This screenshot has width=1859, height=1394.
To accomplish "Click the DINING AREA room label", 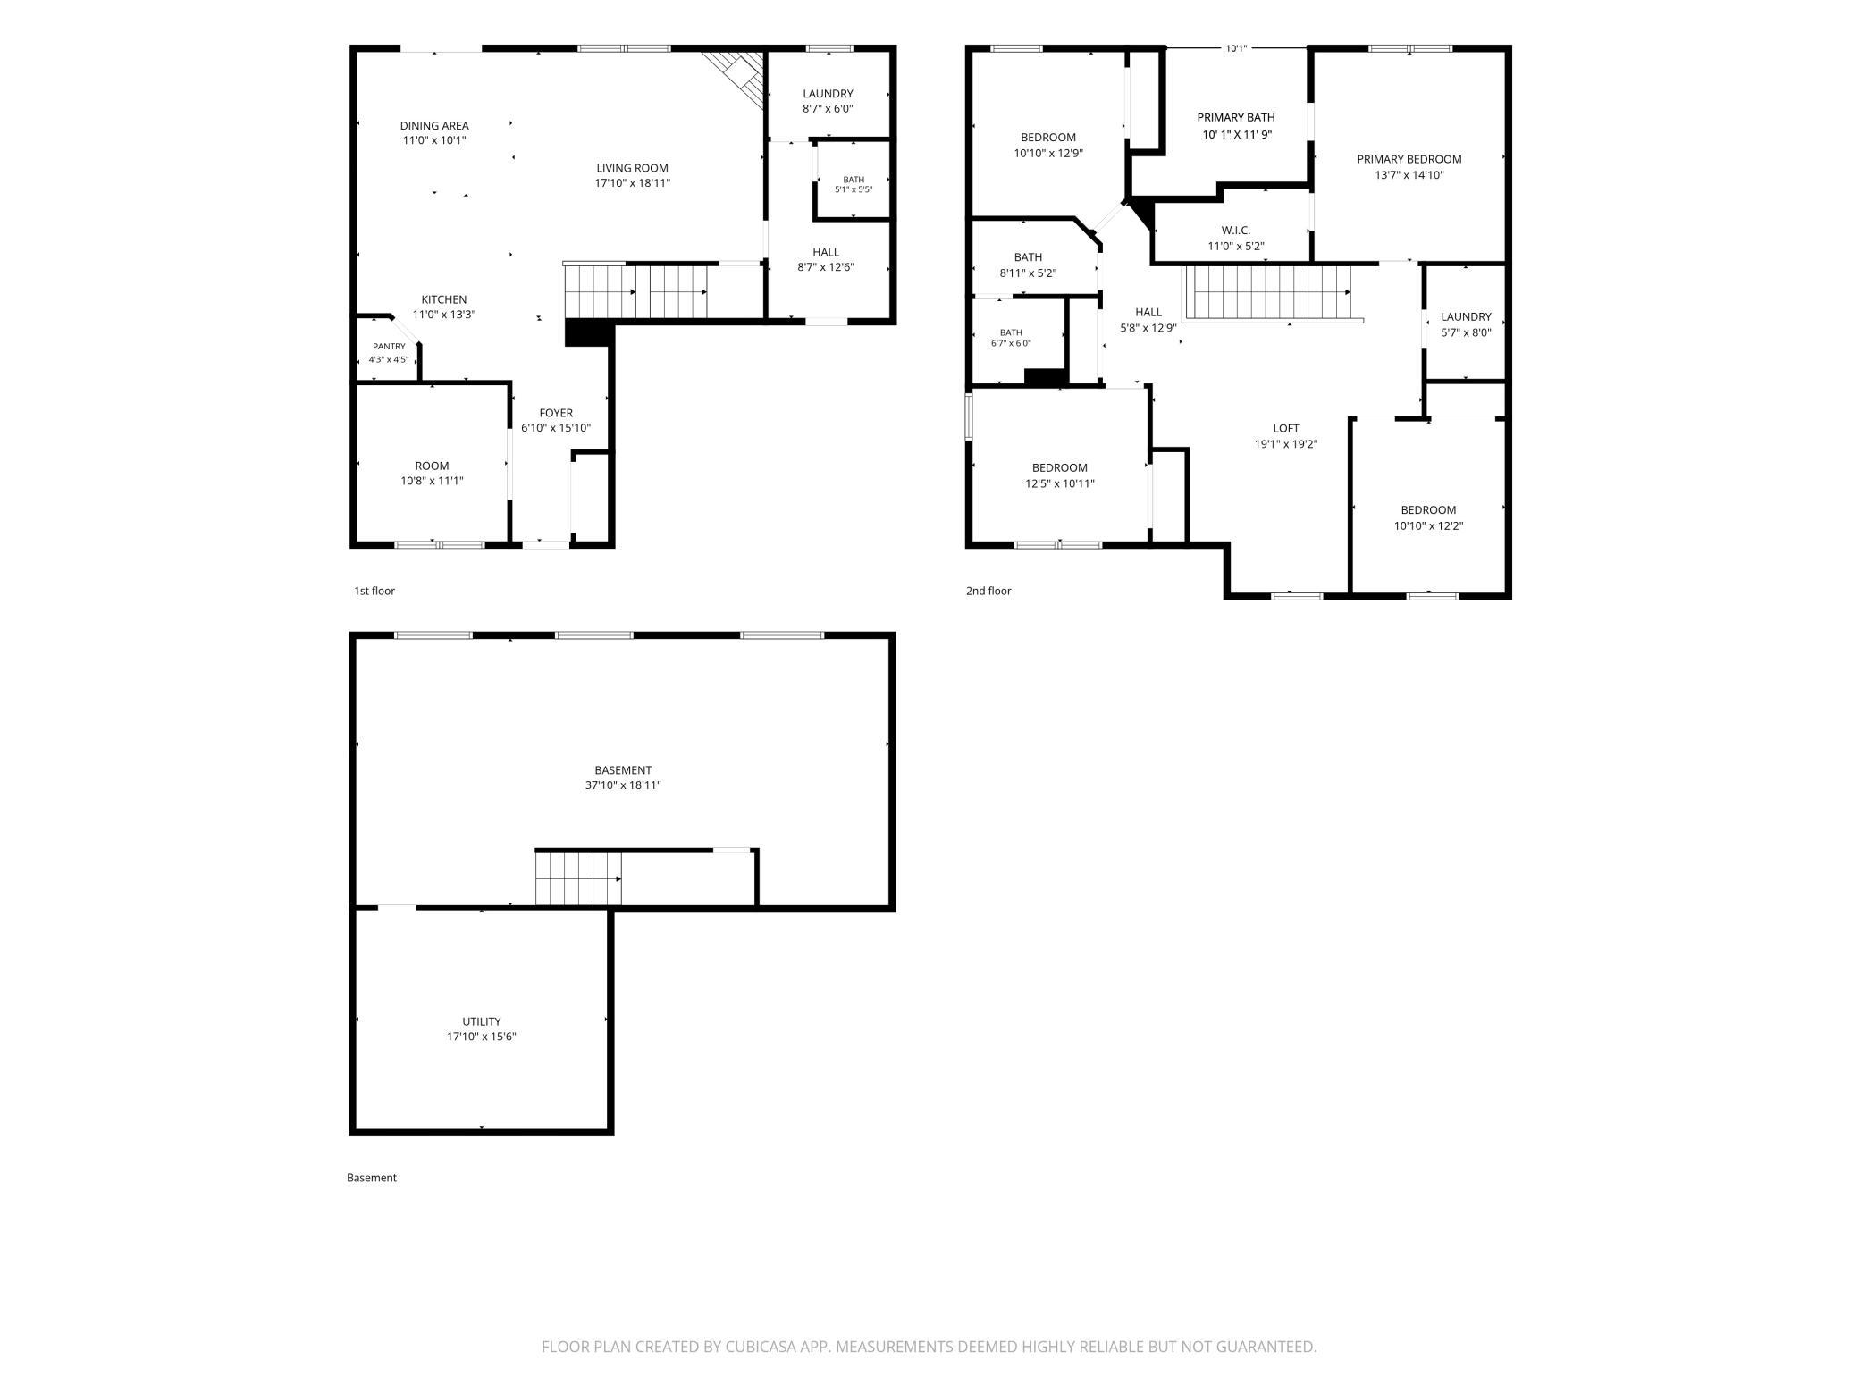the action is [x=434, y=126].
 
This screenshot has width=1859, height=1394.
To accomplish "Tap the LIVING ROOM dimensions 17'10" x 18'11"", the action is [x=633, y=183].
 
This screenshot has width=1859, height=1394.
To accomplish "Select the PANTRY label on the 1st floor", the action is [x=389, y=347].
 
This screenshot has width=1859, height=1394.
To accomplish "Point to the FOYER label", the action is [x=556, y=413].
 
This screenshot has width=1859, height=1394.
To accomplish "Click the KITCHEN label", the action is [x=444, y=299].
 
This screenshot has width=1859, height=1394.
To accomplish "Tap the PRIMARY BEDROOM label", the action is [x=1409, y=160].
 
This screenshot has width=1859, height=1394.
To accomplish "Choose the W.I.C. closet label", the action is [x=1236, y=231].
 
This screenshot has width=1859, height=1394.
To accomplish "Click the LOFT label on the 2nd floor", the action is [x=1286, y=429].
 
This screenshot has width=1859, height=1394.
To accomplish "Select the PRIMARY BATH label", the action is [x=1236, y=118].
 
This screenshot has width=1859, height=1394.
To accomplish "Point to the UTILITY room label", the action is [x=482, y=1021].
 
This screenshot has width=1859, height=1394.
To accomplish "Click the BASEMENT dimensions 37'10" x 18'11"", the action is [x=623, y=785].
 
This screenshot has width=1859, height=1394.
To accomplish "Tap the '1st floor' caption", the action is [x=374, y=591].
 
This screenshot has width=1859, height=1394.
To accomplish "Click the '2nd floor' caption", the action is [x=988, y=591].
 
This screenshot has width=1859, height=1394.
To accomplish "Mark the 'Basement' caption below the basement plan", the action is [x=372, y=1178].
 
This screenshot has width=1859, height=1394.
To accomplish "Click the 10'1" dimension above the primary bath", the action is [x=1236, y=49].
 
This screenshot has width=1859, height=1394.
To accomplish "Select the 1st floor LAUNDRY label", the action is [x=828, y=94].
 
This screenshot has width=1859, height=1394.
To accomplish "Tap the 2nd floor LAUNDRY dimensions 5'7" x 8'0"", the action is [x=1466, y=332].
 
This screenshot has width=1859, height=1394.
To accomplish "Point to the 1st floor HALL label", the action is [x=826, y=252].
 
